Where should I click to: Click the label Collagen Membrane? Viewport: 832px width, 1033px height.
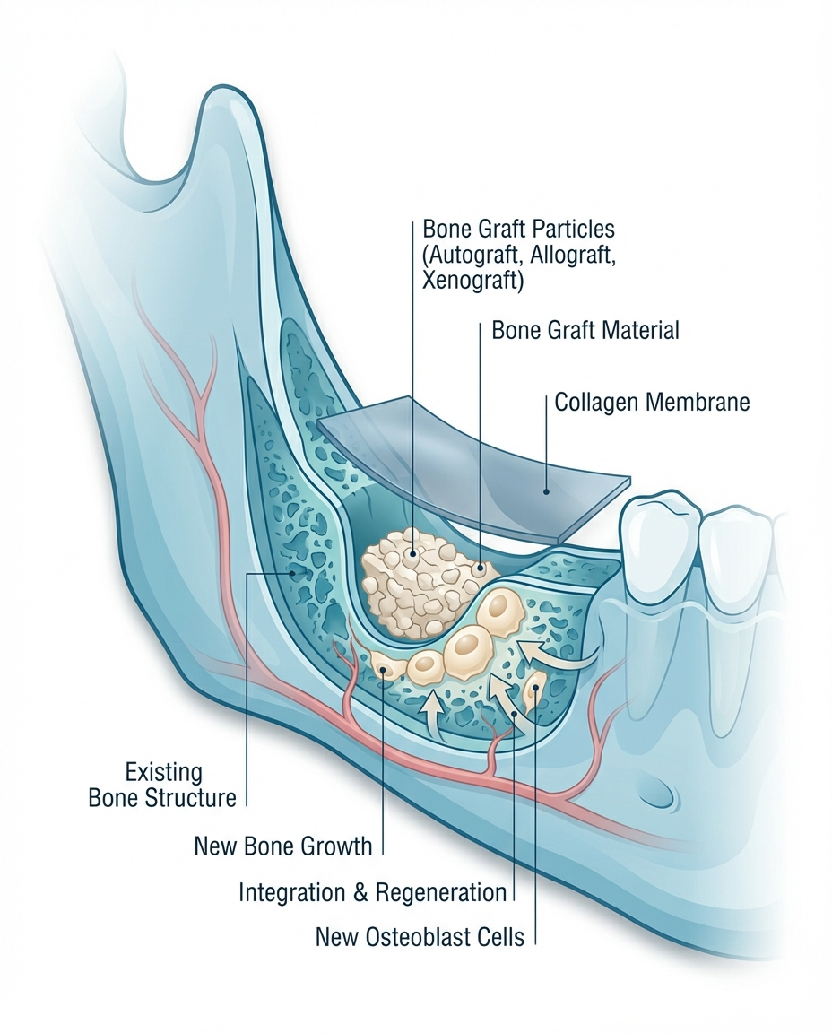coord(652,402)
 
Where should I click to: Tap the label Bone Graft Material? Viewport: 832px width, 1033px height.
coord(585,330)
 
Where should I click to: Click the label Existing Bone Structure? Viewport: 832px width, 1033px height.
coord(162,784)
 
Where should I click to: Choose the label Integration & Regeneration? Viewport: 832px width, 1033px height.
coord(372,892)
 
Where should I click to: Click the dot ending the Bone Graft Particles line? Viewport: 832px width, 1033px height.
coord(412,554)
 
